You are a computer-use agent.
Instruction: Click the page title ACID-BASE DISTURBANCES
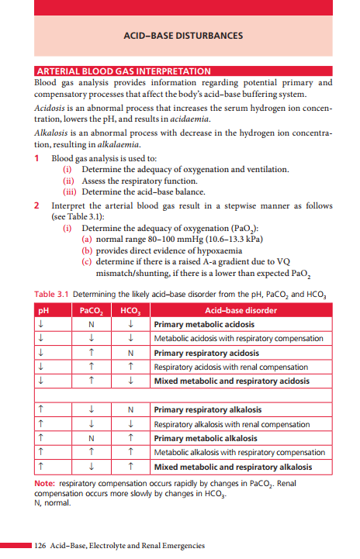[183, 36]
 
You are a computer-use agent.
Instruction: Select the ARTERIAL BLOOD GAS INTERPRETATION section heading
[123, 71]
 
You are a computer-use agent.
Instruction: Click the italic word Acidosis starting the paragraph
[52, 106]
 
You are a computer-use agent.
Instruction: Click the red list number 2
[38, 206]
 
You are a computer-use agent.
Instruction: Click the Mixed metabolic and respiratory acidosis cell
[231, 381]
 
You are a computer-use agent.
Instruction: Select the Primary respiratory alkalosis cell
[206, 409]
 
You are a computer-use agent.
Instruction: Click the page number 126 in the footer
[40, 546]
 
